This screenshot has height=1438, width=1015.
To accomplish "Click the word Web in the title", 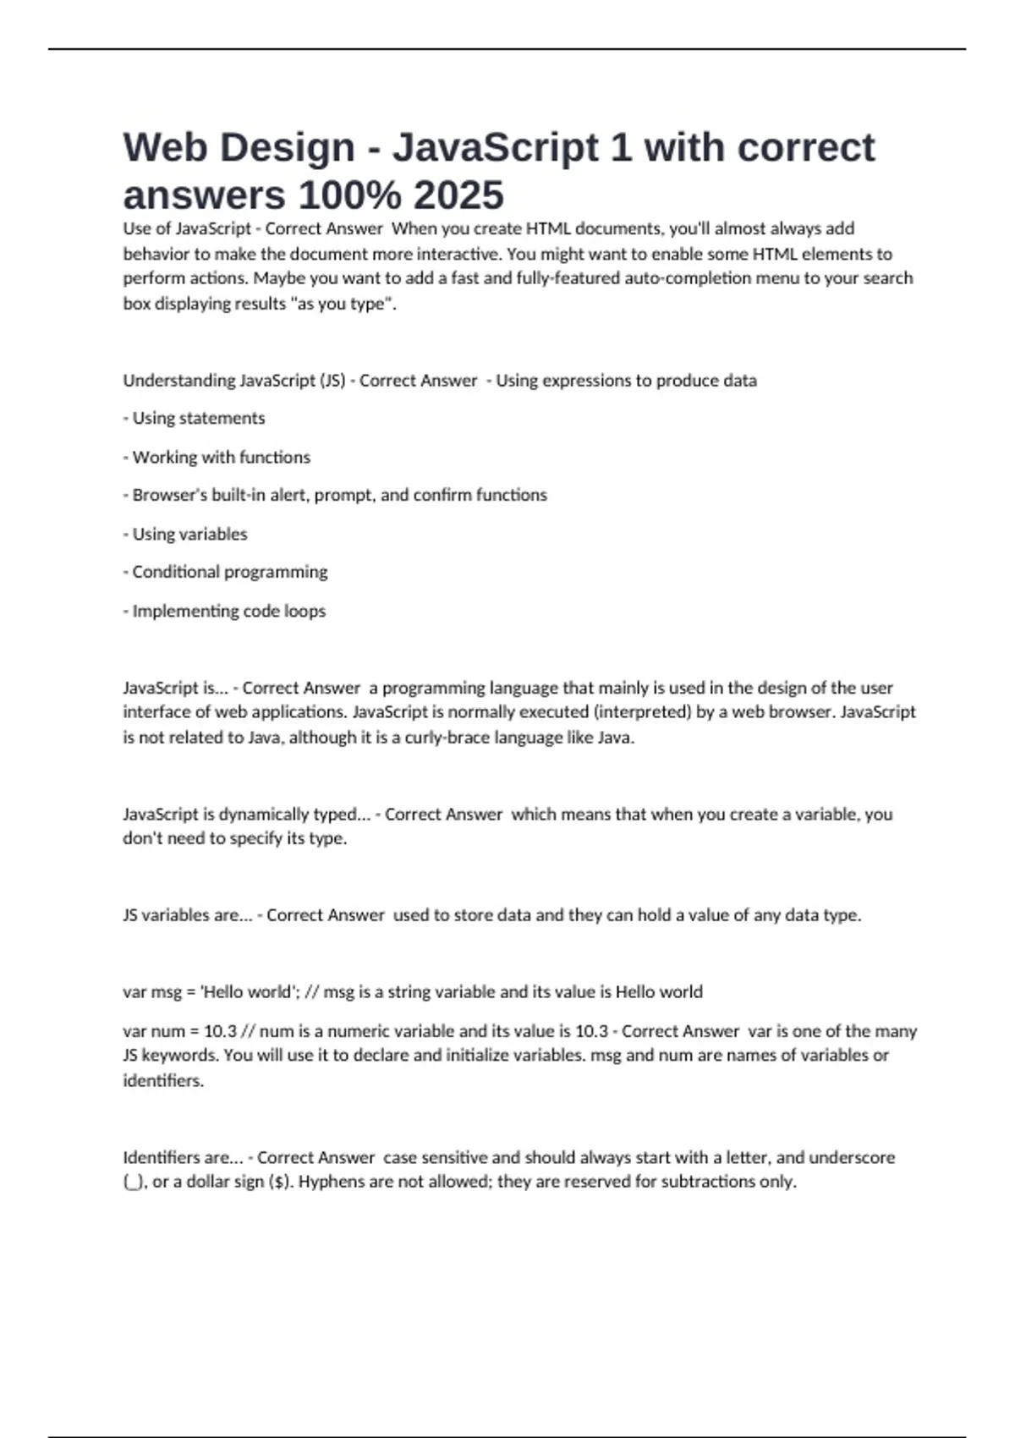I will point(166,147).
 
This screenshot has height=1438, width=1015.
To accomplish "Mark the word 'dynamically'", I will point(264,814).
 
